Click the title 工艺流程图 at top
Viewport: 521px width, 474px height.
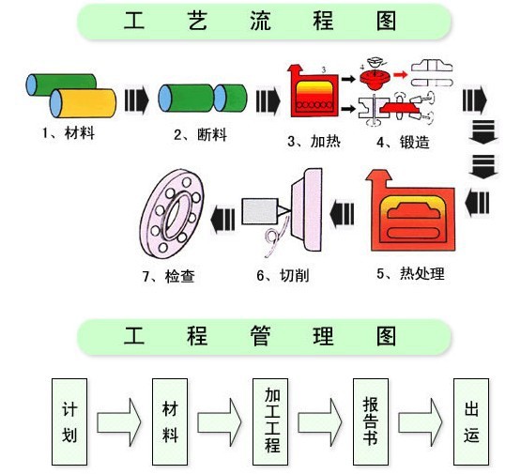[260, 22]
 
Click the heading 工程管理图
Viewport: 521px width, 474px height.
[260, 336]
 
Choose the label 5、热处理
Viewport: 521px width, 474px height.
[409, 274]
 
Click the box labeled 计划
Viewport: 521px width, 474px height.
[69, 422]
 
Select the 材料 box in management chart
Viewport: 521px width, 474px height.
[170, 422]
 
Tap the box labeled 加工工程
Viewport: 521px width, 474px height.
[271, 422]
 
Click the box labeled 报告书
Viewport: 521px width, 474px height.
[371, 422]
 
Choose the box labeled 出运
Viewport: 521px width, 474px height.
[471, 422]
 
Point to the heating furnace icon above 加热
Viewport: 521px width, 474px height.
[314, 92]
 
